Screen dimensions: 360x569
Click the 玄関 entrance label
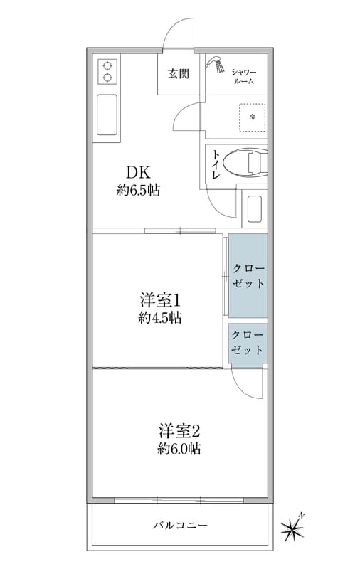[x=178, y=74]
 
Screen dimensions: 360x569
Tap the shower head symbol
[x=216, y=65]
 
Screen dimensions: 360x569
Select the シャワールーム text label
[x=243, y=77]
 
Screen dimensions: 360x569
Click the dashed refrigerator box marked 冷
[x=252, y=117]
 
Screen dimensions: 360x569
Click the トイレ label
[x=216, y=165]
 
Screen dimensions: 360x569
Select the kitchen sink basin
[x=107, y=115]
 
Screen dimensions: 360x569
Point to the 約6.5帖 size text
[x=138, y=190]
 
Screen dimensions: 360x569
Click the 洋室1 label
[x=160, y=300]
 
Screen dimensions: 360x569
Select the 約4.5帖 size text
[x=159, y=318]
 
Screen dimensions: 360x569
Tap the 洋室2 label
[x=179, y=432]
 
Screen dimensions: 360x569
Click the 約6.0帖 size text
[x=179, y=450]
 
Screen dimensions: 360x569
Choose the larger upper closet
[x=248, y=275]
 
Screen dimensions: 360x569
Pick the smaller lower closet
[x=248, y=346]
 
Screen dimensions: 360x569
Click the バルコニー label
[x=181, y=525]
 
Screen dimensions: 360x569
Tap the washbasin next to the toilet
[x=254, y=209]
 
